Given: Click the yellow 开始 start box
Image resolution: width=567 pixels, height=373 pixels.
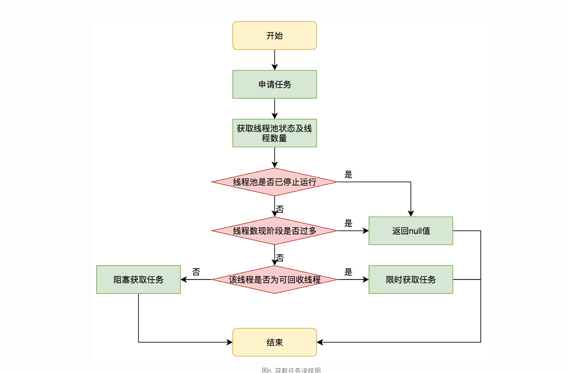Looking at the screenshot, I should pos(275,36).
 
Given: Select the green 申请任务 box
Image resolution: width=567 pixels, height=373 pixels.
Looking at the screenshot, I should pos(275,84).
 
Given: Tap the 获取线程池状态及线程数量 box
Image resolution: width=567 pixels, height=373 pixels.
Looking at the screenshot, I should pos(275,133).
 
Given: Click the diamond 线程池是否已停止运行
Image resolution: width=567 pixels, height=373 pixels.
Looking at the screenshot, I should pos(275,182).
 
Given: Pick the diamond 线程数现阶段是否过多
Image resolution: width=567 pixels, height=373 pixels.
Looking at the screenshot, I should pos(275,231).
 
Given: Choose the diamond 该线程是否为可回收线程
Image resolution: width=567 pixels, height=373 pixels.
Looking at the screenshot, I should pos(275,280).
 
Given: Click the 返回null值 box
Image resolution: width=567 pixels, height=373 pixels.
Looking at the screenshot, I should pos(411,231).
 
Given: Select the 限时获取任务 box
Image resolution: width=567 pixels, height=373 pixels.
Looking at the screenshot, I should pos(411,280).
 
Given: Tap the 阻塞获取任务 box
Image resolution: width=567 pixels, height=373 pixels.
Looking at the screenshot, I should pos(138,280).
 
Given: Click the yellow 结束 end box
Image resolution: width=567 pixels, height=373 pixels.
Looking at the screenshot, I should pos(275,342).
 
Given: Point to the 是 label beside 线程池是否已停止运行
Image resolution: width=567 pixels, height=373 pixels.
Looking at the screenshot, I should pos(348,175).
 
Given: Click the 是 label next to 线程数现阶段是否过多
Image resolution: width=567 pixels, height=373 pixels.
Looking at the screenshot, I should pos(348,223).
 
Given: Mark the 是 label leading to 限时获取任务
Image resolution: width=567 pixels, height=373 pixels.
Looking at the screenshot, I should pos(348,272).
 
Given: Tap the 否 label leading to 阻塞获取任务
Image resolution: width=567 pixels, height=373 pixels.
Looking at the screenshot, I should pos(196,272).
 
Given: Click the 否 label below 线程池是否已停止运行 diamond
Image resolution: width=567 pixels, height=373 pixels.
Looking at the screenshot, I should pos(280,209).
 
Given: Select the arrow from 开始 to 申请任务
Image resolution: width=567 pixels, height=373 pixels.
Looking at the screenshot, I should pos(275,60).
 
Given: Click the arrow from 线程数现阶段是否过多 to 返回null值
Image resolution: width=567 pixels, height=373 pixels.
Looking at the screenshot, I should pos(353,231).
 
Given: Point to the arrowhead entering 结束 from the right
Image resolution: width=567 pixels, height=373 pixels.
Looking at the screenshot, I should pos(320,342).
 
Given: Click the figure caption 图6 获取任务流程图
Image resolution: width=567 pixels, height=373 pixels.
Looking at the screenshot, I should pos(291,370).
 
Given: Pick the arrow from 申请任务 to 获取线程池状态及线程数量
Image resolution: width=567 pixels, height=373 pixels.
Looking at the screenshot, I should pos(275,108).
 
